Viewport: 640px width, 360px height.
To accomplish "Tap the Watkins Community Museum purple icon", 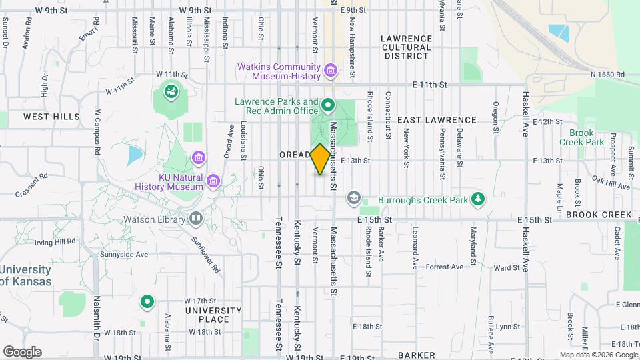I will pos(329,70).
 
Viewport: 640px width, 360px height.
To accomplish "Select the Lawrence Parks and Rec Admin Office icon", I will pos(328,105).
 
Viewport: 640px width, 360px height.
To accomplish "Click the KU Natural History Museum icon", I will pos(213,181).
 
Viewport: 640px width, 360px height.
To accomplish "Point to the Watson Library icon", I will pos(195,218).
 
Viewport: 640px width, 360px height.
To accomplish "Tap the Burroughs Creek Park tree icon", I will pos(477,199).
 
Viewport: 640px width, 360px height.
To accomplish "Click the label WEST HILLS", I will pos(51,117).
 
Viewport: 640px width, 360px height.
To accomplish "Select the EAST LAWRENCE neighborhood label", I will pos(437,120).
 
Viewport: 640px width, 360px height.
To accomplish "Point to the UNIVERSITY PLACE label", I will pos(213,315).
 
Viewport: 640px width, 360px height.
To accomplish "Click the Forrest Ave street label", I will pos(445,267).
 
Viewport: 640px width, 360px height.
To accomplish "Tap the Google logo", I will pos(22,351).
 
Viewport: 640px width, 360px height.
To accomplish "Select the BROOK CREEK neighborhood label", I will pos(599,215).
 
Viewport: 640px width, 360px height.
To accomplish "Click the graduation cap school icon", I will pos(353,198).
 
